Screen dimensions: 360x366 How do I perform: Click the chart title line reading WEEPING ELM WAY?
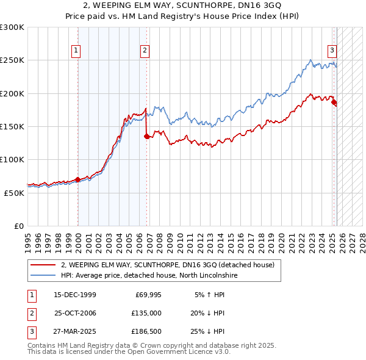182,6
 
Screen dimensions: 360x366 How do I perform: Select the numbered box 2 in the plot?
145,51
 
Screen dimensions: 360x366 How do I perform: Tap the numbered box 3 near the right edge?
332,51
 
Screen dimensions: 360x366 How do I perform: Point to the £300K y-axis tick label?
12,27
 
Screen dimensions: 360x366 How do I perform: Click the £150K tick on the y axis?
12,126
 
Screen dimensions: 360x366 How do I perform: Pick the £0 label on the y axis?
20,226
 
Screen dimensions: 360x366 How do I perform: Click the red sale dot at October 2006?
147,137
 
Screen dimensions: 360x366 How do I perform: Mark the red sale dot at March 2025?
334,103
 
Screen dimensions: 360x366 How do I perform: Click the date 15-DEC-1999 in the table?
75,295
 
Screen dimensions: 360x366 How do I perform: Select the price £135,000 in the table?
146,313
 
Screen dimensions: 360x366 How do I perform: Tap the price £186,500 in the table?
146,331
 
